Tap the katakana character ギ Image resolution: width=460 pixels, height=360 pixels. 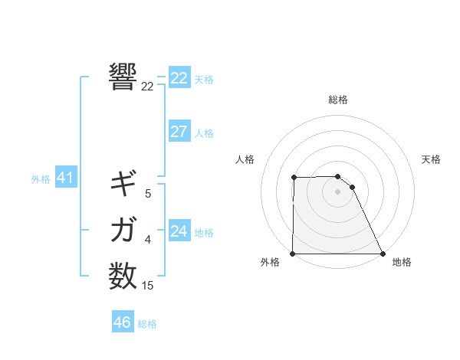click(123, 183)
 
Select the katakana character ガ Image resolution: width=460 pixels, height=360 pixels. click(123, 229)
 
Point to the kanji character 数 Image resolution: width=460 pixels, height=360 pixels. click(123, 275)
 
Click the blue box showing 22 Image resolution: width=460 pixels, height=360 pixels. click(179, 78)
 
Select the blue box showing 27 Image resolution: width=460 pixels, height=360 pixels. click(179, 132)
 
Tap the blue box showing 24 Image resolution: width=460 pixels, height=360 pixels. click(179, 231)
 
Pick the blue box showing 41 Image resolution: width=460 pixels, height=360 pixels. click(65, 178)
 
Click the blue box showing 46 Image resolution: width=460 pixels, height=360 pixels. click(123, 322)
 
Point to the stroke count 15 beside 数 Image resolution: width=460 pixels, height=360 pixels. click(148, 286)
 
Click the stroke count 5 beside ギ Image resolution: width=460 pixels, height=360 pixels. click(148, 194)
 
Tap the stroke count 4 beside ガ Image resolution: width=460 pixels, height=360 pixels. click(148, 240)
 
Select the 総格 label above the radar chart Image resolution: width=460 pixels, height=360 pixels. click(338, 100)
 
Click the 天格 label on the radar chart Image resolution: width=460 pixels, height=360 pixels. click(432, 159)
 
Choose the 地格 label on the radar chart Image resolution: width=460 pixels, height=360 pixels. click(402, 262)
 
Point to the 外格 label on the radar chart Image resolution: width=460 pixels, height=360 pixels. click(270, 262)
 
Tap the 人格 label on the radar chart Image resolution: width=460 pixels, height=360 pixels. click(245, 159)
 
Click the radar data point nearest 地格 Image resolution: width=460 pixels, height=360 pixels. click(382, 254)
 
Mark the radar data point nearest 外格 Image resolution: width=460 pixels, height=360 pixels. click(293, 254)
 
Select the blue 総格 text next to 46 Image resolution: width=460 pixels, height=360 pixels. click(147, 324)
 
